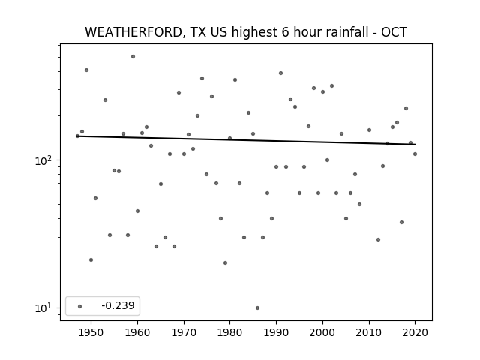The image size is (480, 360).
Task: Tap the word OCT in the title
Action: pyautogui.click(x=394, y=32)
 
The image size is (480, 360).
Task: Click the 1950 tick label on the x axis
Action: pyautogui.click(x=91, y=332)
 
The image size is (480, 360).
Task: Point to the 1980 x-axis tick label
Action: pyautogui.click(x=230, y=332)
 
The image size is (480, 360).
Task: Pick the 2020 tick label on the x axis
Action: pyautogui.click(x=415, y=332)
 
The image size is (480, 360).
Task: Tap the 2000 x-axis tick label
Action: pyautogui.click(x=322, y=332)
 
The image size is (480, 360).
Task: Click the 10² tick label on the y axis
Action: pyautogui.click(x=45, y=160)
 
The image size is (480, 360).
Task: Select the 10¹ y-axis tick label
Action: pyautogui.click(x=45, y=307)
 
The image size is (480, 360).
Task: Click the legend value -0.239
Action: pyautogui.click(x=118, y=305)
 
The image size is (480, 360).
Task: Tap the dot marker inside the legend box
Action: pyautogui.click(x=80, y=306)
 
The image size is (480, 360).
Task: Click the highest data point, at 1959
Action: pyautogui.click(x=133, y=57)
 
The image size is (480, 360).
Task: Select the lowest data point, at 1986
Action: pyautogui.click(x=257, y=307)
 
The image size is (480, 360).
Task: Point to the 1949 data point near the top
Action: pyautogui.click(x=87, y=70)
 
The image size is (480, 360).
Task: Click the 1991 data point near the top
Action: pyautogui.click(x=280, y=73)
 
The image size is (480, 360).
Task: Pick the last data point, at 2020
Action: pyautogui.click(x=415, y=154)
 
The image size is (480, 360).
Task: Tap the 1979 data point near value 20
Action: pyautogui.click(x=225, y=262)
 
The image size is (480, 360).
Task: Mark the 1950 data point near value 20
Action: pyautogui.click(x=91, y=260)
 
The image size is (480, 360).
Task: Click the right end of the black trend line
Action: pyautogui.click(x=415, y=145)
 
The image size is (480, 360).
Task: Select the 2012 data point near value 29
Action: pyautogui.click(x=378, y=239)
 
